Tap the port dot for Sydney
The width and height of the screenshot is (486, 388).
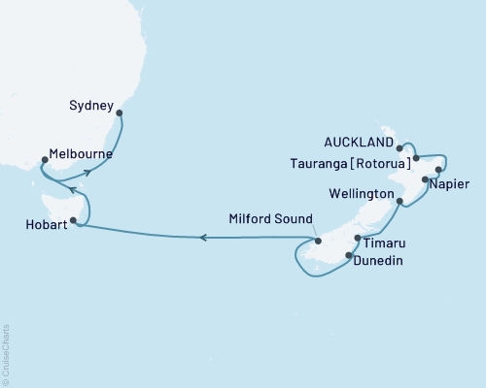tap(119, 113)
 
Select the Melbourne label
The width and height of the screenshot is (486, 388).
tap(81, 154)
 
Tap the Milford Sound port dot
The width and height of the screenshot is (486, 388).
tap(318, 241)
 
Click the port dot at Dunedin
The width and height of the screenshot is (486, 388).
tap(348, 257)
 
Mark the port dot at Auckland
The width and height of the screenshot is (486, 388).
tap(400, 148)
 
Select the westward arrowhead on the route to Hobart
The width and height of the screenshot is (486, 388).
tap(203, 238)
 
